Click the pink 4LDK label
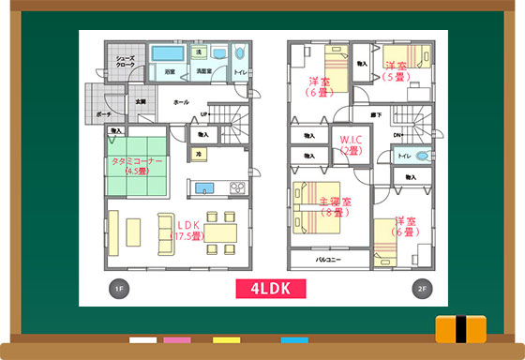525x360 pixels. tap(263, 289)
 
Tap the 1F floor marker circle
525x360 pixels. tap(118, 289)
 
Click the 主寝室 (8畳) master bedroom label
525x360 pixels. tap(335, 206)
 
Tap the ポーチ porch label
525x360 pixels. tap(103, 114)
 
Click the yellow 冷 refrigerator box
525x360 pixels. tap(199, 153)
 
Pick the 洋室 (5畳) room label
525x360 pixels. tap(395, 70)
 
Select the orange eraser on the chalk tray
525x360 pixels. tap(462, 329)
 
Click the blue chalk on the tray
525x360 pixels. tap(294, 339)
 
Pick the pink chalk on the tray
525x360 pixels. tap(176, 339)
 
